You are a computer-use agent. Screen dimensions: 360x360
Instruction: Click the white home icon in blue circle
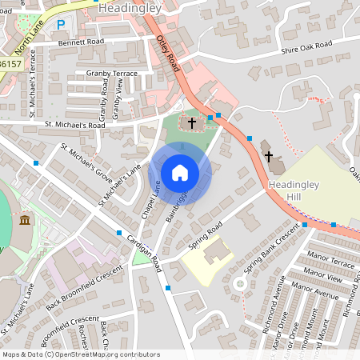[x=180, y=173]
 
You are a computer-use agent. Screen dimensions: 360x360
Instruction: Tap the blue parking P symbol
[x=61, y=25]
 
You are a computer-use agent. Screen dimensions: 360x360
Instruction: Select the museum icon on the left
[x=25, y=220]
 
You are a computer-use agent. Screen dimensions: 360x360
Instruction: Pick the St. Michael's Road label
[x=75, y=125]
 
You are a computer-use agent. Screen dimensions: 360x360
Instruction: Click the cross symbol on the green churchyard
[x=193, y=123]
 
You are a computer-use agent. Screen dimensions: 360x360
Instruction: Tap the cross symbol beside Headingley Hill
[x=269, y=156]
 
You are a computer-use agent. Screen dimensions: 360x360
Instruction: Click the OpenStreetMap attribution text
[x=80, y=354]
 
